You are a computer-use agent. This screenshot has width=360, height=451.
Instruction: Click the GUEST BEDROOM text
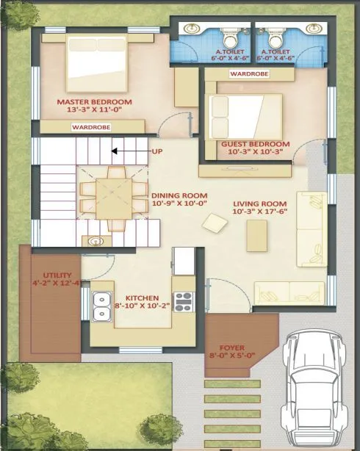tap(255, 145)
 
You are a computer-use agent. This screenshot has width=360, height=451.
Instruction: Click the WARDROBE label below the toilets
tap(249, 74)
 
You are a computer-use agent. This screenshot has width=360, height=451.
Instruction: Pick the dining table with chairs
tap(108, 197)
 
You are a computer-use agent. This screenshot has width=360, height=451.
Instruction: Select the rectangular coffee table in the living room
tap(257, 236)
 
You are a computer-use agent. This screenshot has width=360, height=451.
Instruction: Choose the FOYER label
tap(236, 347)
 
